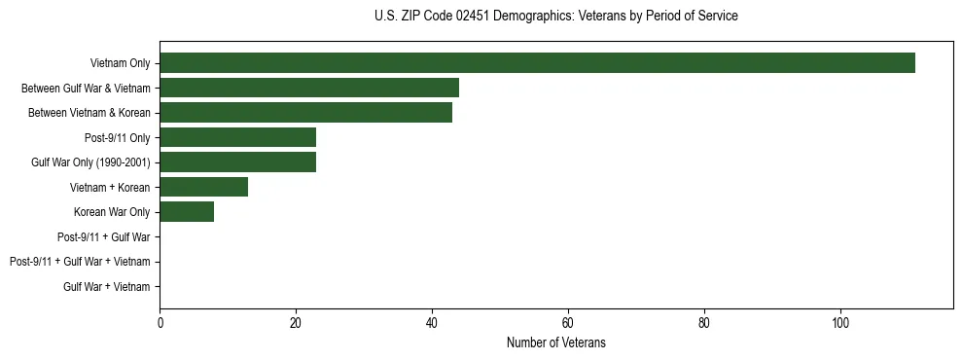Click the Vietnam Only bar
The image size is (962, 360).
click(x=537, y=63)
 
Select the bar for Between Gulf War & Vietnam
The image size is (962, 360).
click(x=309, y=88)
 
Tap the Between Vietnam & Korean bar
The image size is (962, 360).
click(x=305, y=113)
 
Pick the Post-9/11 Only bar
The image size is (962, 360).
click(x=237, y=137)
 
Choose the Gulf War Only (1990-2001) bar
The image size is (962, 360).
click(x=237, y=162)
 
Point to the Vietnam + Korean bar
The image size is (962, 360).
click(x=203, y=187)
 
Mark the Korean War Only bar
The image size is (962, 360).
click(x=187, y=212)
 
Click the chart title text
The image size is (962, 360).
click(x=555, y=17)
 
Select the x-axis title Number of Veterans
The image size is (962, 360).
click(x=555, y=342)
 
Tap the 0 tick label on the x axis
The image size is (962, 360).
click(x=160, y=324)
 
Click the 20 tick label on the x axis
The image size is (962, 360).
click(x=296, y=324)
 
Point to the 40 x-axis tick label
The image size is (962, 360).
click(x=432, y=324)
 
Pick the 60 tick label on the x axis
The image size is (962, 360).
click(x=568, y=324)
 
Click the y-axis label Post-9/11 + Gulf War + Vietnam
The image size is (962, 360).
click(x=80, y=262)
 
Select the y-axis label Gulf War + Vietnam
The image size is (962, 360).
click(x=107, y=287)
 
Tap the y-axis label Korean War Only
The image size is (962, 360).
click(x=112, y=212)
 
